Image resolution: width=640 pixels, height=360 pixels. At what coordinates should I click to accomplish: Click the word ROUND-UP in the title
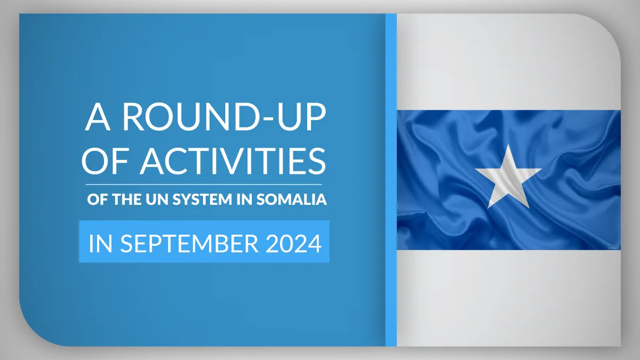(225, 116)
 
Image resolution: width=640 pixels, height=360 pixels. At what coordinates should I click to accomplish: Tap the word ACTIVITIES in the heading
(233, 161)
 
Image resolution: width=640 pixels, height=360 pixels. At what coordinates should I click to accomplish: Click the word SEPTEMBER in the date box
(189, 243)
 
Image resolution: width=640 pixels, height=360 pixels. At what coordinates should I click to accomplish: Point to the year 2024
(294, 243)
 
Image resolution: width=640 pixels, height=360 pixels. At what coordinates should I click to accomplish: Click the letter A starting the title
(98, 117)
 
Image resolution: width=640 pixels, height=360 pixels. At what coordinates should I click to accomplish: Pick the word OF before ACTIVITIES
(105, 161)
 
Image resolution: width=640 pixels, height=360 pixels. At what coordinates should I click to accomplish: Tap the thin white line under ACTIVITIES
(204, 185)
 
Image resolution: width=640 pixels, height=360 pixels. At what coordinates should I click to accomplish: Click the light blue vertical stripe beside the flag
(391, 180)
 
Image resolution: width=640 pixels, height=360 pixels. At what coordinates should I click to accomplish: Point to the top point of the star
(508, 145)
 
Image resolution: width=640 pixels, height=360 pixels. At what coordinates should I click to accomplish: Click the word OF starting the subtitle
(98, 199)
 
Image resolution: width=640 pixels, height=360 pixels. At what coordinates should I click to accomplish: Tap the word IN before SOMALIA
(244, 199)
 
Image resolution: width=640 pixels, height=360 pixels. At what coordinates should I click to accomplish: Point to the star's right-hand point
(541, 169)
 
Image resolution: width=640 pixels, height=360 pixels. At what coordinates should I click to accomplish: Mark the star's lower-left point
(489, 207)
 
